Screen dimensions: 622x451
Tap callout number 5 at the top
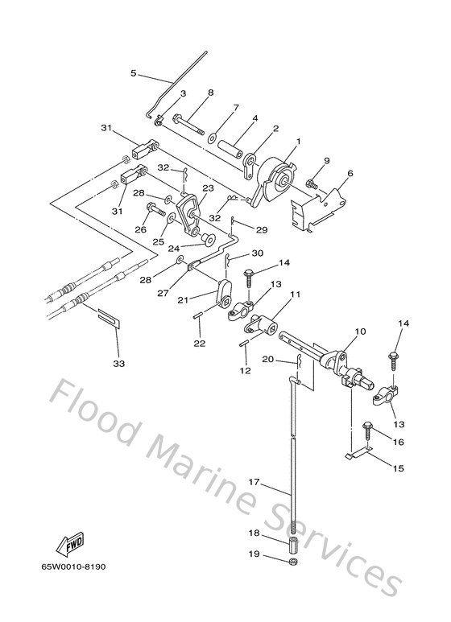point(134,74)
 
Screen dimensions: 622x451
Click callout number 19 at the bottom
point(254,554)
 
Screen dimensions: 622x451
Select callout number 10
point(360,331)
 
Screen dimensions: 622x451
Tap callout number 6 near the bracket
point(350,174)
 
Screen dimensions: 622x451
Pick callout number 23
point(207,188)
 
